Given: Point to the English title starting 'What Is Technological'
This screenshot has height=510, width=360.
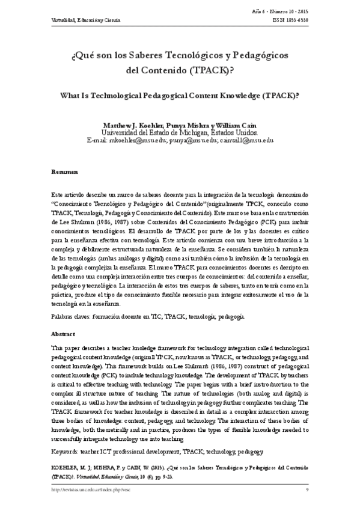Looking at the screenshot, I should [180, 96].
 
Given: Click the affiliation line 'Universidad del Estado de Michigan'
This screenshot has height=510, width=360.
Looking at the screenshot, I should [180, 132].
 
